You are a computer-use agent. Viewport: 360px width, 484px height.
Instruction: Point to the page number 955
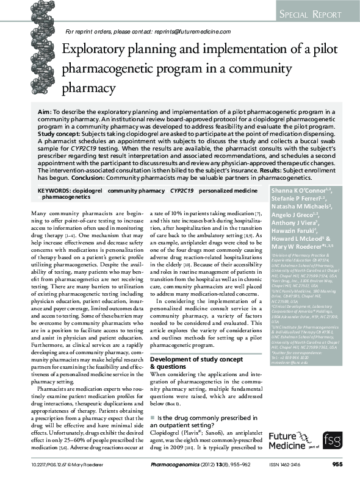(337, 465)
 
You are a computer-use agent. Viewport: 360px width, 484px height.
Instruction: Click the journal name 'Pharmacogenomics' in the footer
(176, 465)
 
